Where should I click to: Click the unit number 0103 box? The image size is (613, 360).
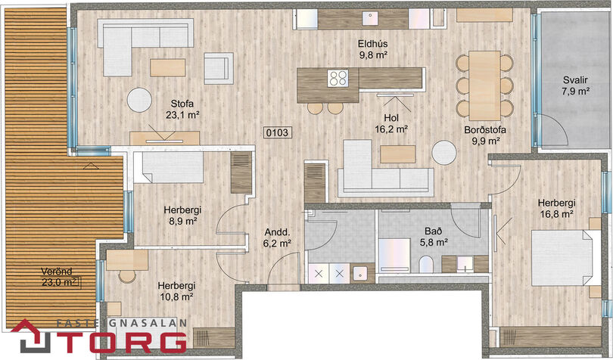point(277,133)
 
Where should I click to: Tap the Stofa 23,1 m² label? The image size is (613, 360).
point(182,109)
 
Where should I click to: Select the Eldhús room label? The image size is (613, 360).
point(373,43)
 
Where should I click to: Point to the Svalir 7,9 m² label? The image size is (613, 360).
point(575,85)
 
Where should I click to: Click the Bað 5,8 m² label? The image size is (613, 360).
point(434,237)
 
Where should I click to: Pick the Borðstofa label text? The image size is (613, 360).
point(485,130)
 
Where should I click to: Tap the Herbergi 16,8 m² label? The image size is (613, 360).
point(556,208)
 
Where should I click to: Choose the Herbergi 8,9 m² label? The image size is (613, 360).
point(182,216)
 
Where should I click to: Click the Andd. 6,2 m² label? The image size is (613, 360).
point(277,237)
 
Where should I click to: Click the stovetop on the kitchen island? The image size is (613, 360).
point(338,78)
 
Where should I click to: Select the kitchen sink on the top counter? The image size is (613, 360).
point(369,17)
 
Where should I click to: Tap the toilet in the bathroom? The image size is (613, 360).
point(426,264)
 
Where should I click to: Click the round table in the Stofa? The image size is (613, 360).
point(139,100)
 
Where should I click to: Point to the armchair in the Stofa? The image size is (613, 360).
point(219,68)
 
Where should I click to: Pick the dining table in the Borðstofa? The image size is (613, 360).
point(485,85)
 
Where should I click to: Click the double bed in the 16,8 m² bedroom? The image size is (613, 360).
point(565,258)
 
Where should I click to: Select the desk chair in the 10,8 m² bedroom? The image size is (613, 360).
point(127,276)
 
